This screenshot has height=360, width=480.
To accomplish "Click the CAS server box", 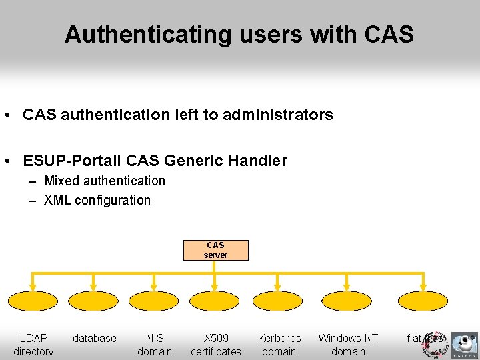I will [x=215, y=250].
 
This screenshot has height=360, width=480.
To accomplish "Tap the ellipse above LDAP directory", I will [x=33, y=301].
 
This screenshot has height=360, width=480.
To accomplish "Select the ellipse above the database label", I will [x=93, y=301].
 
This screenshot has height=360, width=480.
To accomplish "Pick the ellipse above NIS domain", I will [x=154, y=301].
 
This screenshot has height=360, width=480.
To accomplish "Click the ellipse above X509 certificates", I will [x=215, y=301].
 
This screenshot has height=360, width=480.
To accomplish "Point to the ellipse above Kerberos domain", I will [x=279, y=301].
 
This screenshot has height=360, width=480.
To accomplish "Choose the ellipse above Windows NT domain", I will [x=347, y=301].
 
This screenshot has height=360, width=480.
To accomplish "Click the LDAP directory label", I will [x=33, y=345].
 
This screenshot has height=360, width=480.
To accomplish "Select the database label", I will [x=94, y=339].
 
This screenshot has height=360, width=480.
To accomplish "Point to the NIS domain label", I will [x=154, y=345].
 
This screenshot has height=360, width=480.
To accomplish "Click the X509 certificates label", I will [x=215, y=345].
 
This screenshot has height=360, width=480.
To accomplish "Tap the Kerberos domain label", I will [x=279, y=345].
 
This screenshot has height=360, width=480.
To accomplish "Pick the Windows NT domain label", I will [x=347, y=345].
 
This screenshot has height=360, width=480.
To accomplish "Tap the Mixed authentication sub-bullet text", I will [x=104, y=181].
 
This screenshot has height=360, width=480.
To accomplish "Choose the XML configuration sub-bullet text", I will [x=97, y=200].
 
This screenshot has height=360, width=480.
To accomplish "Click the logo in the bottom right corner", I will [x=463, y=345].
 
